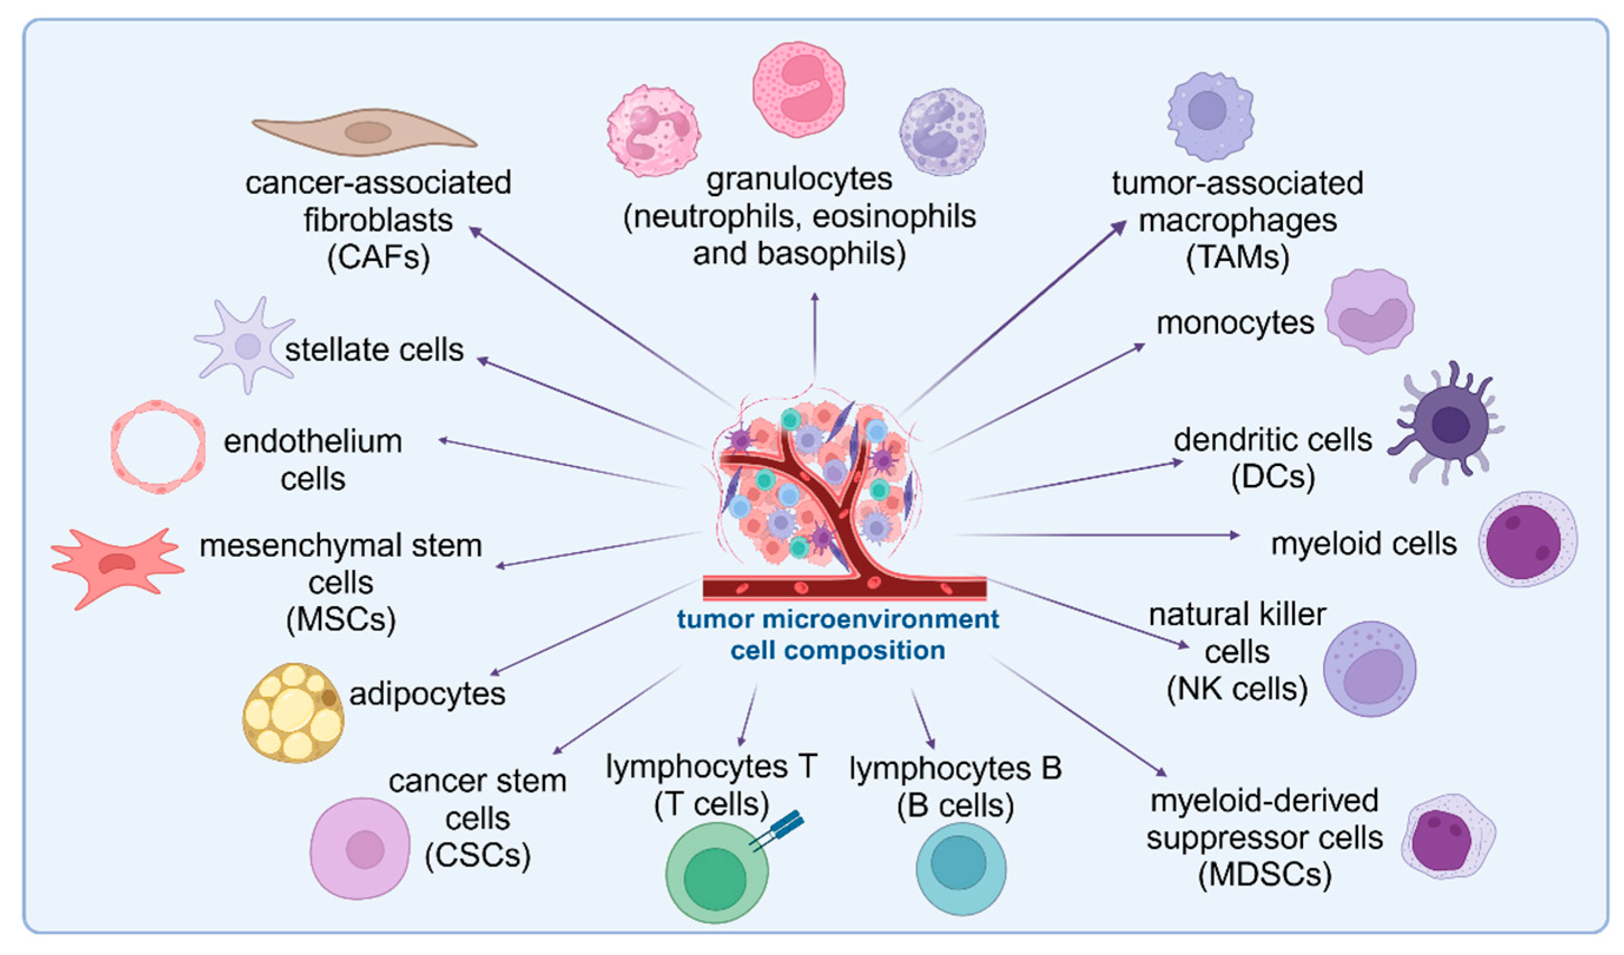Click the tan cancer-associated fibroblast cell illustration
(364, 132)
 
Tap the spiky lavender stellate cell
(247, 346)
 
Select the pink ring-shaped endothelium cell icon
(158, 447)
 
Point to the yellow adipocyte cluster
(293, 713)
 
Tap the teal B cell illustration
(960, 867)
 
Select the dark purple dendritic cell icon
(1450, 424)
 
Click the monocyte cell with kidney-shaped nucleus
(1370, 312)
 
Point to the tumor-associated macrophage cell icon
(1210, 116)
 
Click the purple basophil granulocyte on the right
(942, 132)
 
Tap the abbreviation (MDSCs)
(1265, 875)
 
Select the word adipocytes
(427, 694)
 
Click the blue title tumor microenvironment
(837, 619)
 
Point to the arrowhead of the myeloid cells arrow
(1235, 535)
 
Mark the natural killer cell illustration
(1370, 669)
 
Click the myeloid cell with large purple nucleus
(1527, 540)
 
